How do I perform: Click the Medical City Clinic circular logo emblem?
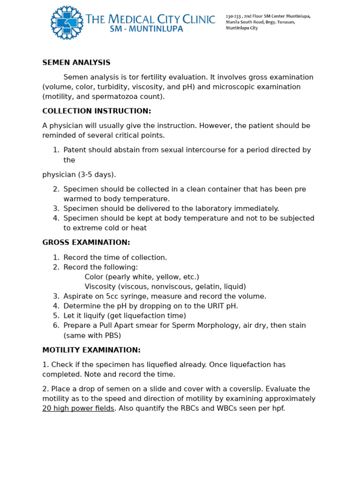point(67,22)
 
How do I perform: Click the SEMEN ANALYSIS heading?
point(76,62)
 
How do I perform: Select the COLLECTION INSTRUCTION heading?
point(97,111)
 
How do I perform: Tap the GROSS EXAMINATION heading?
point(86,242)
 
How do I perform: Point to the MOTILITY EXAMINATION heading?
point(91,350)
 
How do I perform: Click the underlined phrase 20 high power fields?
point(78,408)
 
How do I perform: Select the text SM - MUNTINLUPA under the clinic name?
point(147,29)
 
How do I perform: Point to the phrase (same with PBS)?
point(92,335)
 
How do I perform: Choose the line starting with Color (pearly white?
point(142,277)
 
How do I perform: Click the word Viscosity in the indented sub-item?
point(100,286)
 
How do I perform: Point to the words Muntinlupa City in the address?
point(241,28)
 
